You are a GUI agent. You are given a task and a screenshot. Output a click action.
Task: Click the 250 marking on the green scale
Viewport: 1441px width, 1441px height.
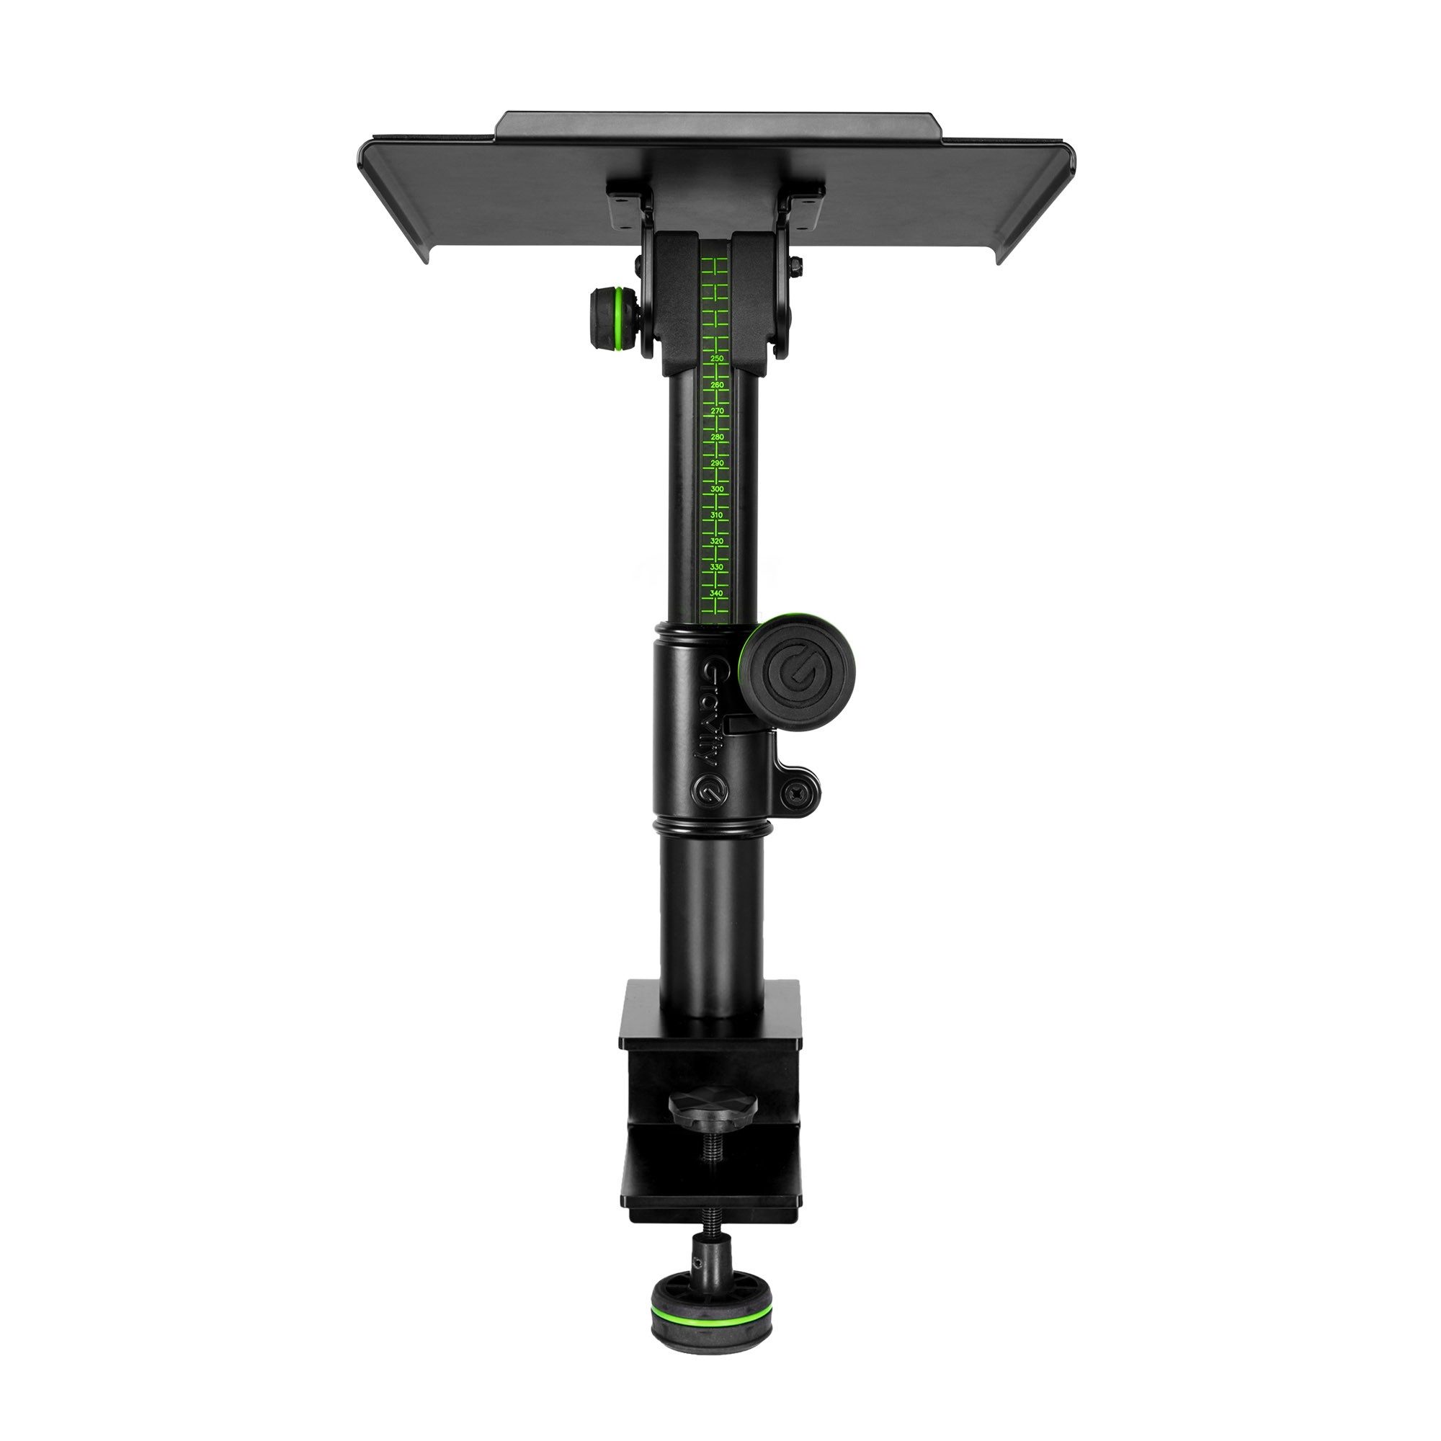click(x=718, y=359)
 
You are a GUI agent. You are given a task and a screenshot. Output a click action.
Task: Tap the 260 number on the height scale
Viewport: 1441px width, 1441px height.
click(x=718, y=385)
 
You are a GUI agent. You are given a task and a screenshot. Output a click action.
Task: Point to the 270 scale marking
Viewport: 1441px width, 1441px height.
click(x=718, y=411)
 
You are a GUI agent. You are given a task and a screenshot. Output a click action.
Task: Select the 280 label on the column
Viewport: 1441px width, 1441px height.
click(x=718, y=437)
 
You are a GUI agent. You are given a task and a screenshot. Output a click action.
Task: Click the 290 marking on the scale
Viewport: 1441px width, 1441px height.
click(x=718, y=463)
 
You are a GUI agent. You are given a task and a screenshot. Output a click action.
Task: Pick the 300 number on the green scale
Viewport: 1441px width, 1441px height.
click(x=718, y=489)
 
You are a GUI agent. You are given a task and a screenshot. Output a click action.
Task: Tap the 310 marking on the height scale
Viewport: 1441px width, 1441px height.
click(x=718, y=515)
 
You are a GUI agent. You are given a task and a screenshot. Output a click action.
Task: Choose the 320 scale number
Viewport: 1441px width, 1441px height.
click(x=718, y=541)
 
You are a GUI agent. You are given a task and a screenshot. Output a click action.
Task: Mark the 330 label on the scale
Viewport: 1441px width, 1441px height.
click(x=718, y=567)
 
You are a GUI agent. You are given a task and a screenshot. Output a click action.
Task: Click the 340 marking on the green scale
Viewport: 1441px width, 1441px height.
click(x=718, y=593)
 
